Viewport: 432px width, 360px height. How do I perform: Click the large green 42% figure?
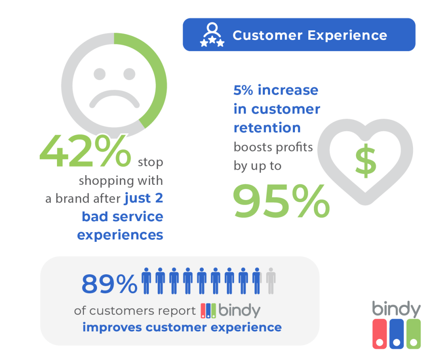point(84,151)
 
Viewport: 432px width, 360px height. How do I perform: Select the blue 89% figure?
point(109,284)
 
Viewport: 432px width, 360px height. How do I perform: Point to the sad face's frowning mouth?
point(114,100)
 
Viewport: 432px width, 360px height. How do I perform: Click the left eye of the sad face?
point(100,74)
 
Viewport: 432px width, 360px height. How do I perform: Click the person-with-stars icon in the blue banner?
point(212,35)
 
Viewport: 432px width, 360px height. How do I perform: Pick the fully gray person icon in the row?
point(271,281)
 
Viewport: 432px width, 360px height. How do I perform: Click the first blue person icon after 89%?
point(146,281)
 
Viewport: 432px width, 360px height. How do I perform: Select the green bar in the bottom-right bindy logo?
point(413,334)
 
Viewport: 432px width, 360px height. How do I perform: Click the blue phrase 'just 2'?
point(143,198)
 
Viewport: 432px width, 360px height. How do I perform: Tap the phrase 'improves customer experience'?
point(182,327)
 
